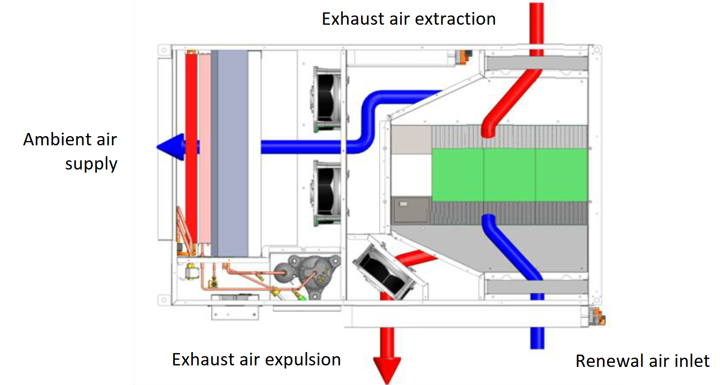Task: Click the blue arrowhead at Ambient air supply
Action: pyautogui.click(x=171, y=147)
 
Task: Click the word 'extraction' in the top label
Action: pyautogui.click(x=455, y=19)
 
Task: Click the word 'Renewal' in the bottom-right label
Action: pyautogui.click(x=610, y=361)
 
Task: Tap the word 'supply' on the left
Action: pyautogui.click(x=91, y=164)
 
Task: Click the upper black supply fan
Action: pyautogui.click(x=326, y=99)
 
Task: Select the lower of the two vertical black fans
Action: pyautogui.click(x=326, y=193)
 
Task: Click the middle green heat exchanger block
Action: pyautogui.click(x=509, y=175)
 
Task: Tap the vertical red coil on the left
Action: pyautogui.click(x=191, y=149)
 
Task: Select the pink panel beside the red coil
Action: pyautogui.click(x=205, y=149)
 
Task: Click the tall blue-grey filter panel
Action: pyautogui.click(x=233, y=153)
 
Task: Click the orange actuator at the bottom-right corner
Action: pyautogui.click(x=597, y=316)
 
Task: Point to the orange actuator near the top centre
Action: pyautogui.click(x=465, y=57)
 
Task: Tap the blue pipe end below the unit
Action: pyautogui.click(x=537, y=338)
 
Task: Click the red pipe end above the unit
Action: pyautogui.click(x=536, y=23)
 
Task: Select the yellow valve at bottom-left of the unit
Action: pyautogui.click(x=191, y=272)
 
